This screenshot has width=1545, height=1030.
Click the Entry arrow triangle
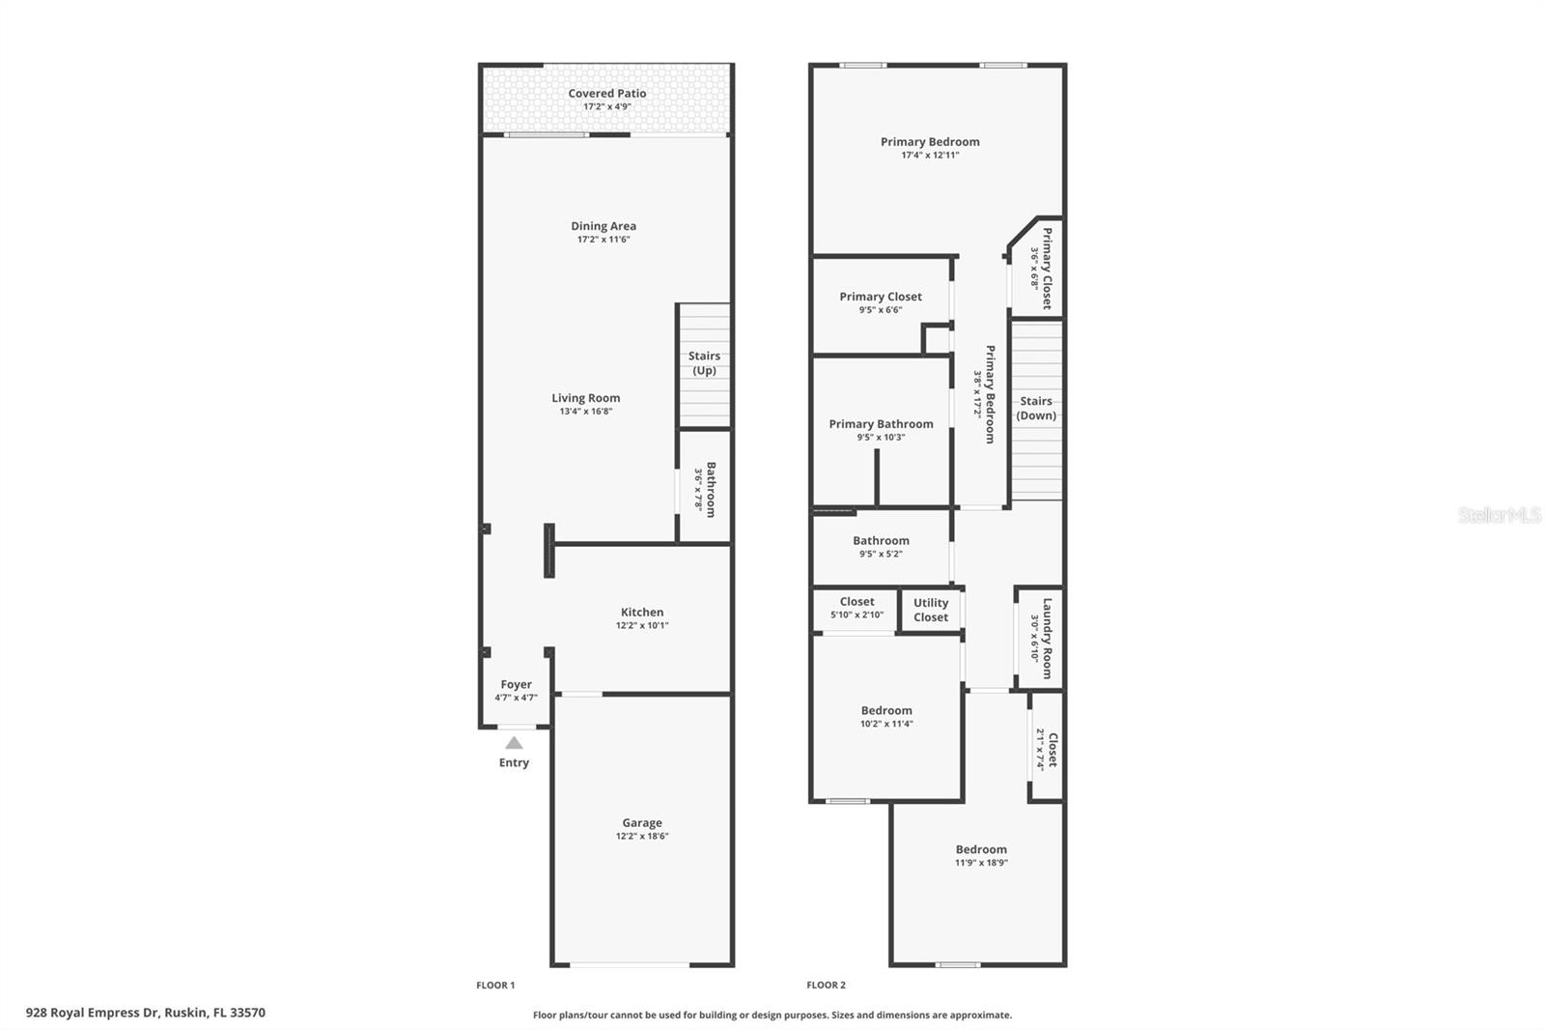[x=514, y=743]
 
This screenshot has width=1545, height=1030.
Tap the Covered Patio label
[x=607, y=93]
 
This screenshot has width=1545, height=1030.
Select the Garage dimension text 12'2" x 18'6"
[x=642, y=836]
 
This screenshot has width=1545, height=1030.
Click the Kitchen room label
[x=642, y=613]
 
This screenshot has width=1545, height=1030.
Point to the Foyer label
[x=516, y=684]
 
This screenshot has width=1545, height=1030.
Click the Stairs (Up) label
[x=704, y=363]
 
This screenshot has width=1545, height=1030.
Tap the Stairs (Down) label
[x=1036, y=408]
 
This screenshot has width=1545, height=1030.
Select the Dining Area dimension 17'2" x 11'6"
[x=604, y=240]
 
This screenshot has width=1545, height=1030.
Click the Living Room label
[x=585, y=398]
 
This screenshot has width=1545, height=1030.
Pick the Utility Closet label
[x=931, y=611]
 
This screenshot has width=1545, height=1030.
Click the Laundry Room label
[x=1047, y=639]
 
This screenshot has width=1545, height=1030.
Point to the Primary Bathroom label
[x=881, y=424]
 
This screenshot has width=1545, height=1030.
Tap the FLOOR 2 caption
[x=826, y=986]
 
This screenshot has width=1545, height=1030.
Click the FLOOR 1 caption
[x=495, y=986]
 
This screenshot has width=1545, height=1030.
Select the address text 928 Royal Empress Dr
[x=93, y=1013]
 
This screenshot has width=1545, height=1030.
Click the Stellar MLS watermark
[x=1500, y=514]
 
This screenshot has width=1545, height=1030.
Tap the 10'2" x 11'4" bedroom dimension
[x=886, y=724]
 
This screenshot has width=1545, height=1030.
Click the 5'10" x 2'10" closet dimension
[x=857, y=615]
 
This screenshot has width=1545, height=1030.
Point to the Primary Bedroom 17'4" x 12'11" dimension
[x=930, y=156]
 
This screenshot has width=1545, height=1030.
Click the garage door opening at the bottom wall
[x=630, y=964]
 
